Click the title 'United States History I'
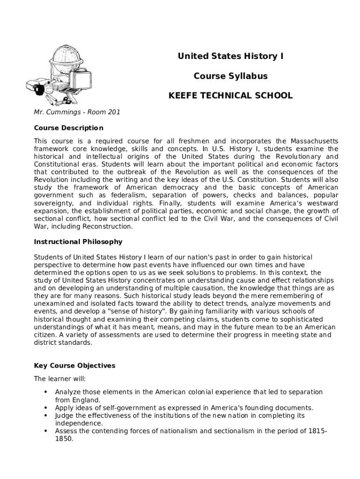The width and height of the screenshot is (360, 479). [230, 57]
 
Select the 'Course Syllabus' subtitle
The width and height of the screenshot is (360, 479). [230, 76]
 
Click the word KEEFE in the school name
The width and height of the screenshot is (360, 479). [183, 95]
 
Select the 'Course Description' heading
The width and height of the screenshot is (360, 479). [69, 128]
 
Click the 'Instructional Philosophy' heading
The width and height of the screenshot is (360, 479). [78, 242]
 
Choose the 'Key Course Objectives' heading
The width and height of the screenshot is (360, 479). [75, 365]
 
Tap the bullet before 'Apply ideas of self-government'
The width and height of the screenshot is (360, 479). [45, 407]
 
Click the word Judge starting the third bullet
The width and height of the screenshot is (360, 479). [65, 415]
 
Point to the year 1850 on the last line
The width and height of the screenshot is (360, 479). [64, 439]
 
